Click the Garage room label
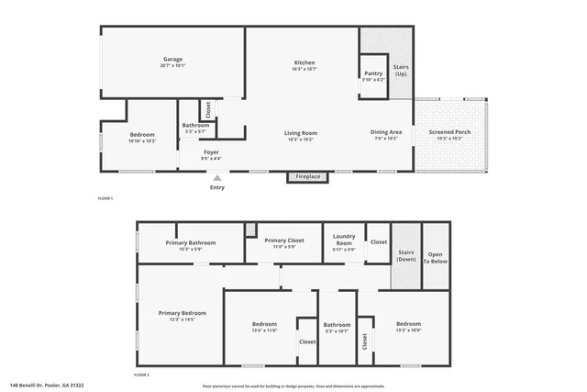(x=172, y=60)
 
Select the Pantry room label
(x=373, y=73)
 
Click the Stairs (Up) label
(x=401, y=70)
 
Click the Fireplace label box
(x=306, y=176)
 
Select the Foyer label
(x=211, y=152)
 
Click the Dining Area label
(x=386, y=131)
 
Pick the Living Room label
(x=302, y=133)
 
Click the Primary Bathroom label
(x=190, y=242)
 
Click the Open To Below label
(x=435, y=257)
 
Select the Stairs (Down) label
(x=405, y=255)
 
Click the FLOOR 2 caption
(x=141, y=375)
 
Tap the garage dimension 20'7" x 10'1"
(x=172, y=66)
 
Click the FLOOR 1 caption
(x=105, y=198)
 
